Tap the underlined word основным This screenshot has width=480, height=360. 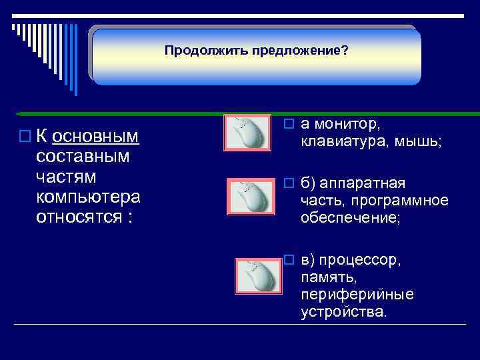(x=95, y=137)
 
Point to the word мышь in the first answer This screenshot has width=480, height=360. (x=416, y=141)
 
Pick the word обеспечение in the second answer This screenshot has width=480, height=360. (x=349, y=218)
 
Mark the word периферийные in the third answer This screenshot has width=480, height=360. (x=357, y=295)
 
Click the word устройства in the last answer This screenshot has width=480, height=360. (x=343, y=312)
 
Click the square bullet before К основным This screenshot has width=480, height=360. (x=25, y=137)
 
